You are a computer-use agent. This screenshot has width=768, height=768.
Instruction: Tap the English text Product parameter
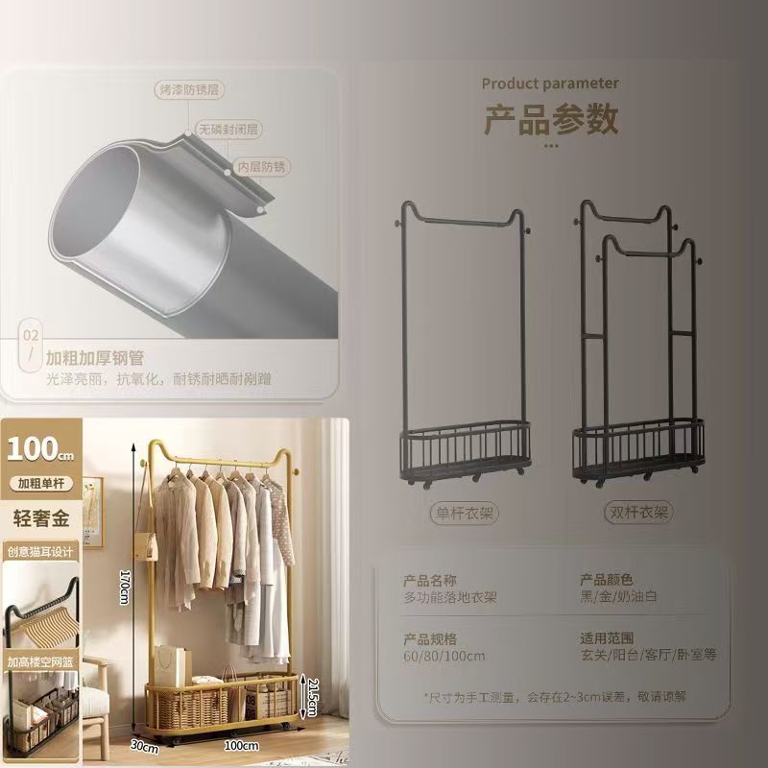pyautogui.click(x=550, y=84)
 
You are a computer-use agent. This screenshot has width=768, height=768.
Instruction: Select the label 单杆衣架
pyautogui.click(x=464, y=514)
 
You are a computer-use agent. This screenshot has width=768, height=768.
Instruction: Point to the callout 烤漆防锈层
pyautogui.click(x=189, y=89)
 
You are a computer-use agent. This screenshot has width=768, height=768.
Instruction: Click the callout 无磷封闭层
pyautogui.click(x=230, y=128)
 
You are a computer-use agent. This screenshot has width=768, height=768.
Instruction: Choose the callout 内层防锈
pyautogui.click(x=262, y=166)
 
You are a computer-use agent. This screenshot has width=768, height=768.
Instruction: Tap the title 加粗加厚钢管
pyautogui.click(x=95, y=358)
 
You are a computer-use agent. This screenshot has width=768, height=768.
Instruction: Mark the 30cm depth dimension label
pyautogui.click(x=143, y=744)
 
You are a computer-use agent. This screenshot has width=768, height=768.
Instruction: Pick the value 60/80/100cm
pyautogui.click(x=444, y=656)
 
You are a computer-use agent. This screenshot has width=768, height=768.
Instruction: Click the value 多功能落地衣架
pyautogui.click(x=450, y=597)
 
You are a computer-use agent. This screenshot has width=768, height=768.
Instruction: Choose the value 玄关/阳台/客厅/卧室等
pyautogui.click(x=649, y=656)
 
